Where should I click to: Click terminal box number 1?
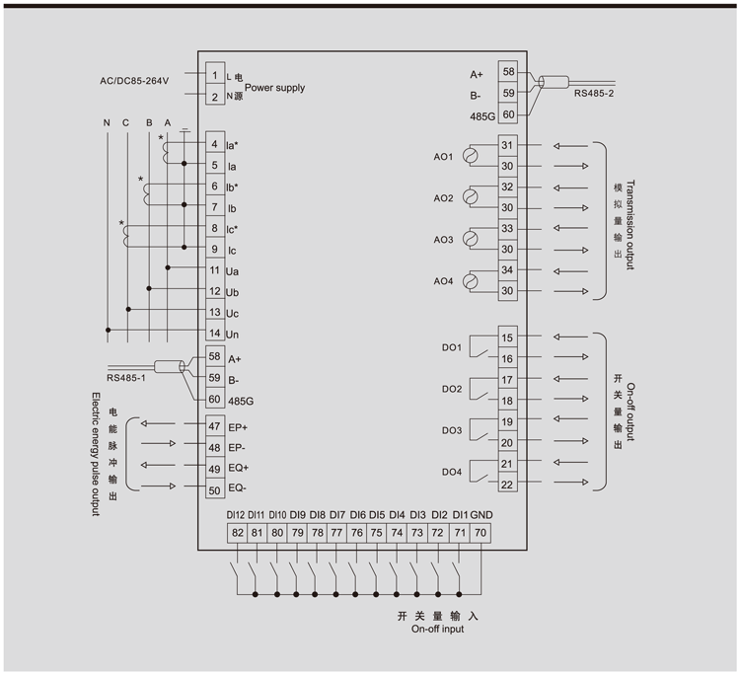tap(214, 75)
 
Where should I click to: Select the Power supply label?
tap(274, 88)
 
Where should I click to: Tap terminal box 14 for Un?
tap(214, 335)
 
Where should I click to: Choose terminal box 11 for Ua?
tap(214, 269)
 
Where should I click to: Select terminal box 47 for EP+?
tap(214, 426)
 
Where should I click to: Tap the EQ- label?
tap(238, 488)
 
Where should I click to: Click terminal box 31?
tap(507, 145)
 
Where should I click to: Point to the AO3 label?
tap(444, 240)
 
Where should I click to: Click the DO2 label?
tap(452, 390)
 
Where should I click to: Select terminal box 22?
tap(507, 484)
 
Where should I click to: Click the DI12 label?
tap(235, 515)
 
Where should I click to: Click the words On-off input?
tap(437, 629)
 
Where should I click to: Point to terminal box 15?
tap(507, 338)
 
